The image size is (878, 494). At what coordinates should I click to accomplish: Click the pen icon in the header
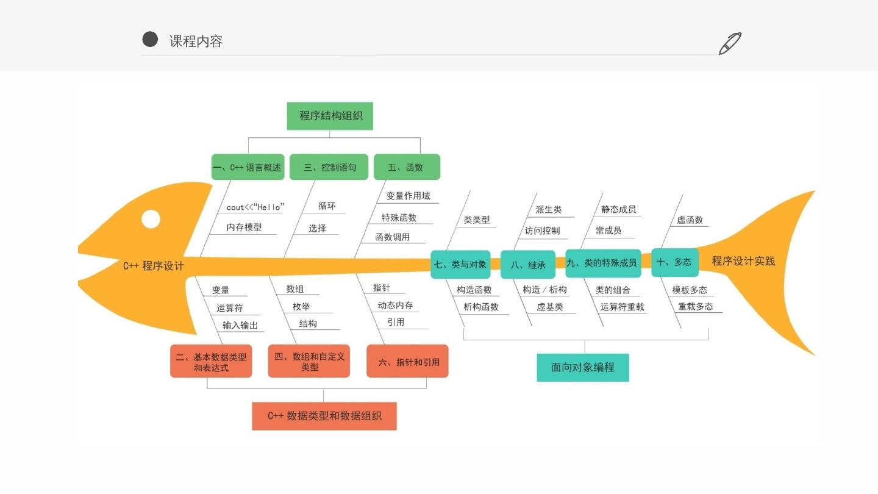[730, 43]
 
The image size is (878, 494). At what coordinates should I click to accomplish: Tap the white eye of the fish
[151, 219]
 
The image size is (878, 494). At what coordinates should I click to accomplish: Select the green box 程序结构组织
[330, 116]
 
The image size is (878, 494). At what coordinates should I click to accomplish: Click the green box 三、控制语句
[329, 167]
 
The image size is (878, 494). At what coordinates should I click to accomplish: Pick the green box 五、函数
[407, 167]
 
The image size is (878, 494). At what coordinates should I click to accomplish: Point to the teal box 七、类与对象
[460, 265]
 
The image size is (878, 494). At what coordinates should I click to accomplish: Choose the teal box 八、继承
[528, 265]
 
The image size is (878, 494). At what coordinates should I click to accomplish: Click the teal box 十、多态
[674, 262]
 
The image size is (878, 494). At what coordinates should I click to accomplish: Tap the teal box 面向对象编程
[583, 367]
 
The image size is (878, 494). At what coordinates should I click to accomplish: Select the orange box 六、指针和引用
[407, 362]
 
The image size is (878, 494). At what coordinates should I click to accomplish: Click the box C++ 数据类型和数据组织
[324, 416]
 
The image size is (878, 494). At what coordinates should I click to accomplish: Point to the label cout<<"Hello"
[255, 207]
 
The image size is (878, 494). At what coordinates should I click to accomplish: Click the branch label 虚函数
[690, 220]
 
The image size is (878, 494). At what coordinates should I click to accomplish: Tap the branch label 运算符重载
[622, 307]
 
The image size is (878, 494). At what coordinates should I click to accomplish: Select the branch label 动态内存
[395, 306]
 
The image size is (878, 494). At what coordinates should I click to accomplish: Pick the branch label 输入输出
[240, 325]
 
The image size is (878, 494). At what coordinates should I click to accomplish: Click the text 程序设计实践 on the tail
[743, 261]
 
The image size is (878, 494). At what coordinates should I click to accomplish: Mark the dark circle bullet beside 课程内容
[150, 40]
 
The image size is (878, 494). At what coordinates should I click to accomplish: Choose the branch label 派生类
[548, 210]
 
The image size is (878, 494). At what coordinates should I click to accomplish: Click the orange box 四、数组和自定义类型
[309, 362]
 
